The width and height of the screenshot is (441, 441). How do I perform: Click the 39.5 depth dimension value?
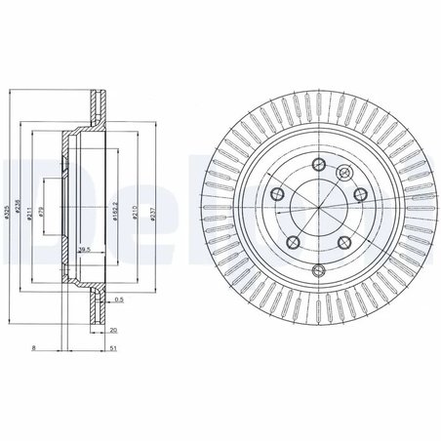point(84,251)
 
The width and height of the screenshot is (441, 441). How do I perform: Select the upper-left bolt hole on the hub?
point(277,194)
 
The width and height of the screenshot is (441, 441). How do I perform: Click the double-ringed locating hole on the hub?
point(341,173)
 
